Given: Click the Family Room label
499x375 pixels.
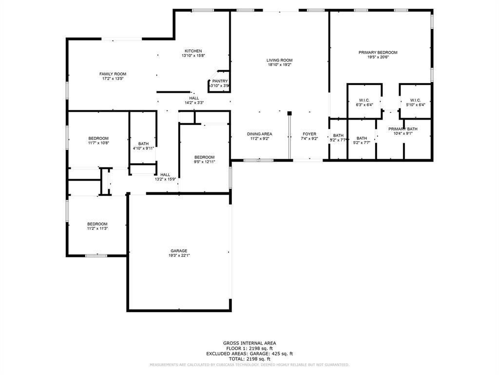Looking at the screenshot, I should [x=113, y=74].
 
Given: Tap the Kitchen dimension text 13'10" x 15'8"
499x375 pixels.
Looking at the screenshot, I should [x=193, y=56].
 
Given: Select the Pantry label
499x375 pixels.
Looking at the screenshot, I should [x=220, y=81].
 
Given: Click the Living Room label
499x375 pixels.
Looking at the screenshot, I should [x=279, y=60].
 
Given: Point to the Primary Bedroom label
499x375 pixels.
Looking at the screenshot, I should [x=378, y=53].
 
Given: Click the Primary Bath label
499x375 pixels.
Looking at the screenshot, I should [x=400, y=129].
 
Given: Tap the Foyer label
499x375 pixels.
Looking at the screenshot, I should [x=309, y=134].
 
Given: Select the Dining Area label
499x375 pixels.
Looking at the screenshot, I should [x=259, y=134].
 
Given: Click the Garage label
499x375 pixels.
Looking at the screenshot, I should [x=179, y=251].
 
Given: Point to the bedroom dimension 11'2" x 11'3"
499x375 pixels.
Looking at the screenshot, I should [x=97, y=229].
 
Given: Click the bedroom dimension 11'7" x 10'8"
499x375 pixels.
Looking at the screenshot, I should [x=98, y=143].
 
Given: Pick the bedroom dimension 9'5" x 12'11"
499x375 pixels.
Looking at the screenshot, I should [x=205, y=162].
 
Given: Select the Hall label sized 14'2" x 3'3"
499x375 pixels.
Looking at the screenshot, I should [x=194, y=98].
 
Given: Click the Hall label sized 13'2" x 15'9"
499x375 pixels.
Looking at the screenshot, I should [x=165, y=175].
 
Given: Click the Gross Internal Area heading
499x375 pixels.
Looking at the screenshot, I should [x=249, y=343].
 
